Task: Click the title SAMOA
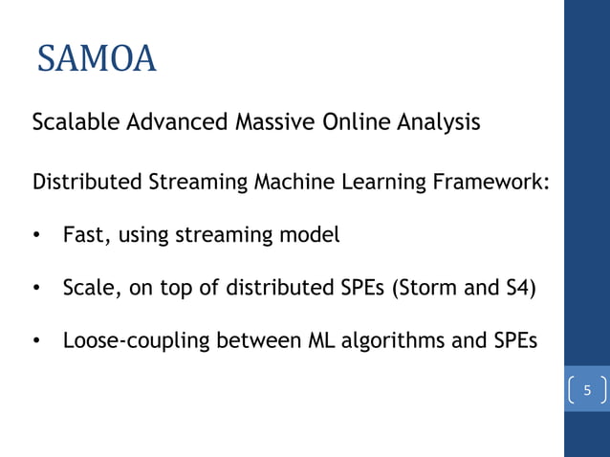(97, 59)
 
